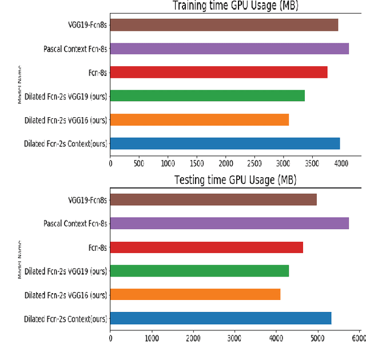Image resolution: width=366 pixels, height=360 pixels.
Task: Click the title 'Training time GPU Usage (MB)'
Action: coord(236,6)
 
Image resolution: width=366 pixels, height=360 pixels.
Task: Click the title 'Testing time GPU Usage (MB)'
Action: coord(235,180)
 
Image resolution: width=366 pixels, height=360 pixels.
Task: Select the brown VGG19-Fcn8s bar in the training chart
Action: coord(224,25)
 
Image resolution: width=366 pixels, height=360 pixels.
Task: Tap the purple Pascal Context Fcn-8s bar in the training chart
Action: coord(229,49)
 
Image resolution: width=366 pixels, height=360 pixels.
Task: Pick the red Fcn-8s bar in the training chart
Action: coord(218,72)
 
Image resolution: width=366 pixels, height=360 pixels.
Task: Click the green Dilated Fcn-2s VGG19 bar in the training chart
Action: coord(207,95)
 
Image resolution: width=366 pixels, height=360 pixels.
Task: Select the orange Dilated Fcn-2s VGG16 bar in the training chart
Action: coord(199,119)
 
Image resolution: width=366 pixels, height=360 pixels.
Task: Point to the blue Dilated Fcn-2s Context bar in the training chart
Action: coord(225,143)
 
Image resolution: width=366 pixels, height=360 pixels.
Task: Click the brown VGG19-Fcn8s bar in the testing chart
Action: coord(213,199)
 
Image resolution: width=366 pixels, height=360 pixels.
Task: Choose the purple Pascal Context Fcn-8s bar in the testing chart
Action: coord(229,223)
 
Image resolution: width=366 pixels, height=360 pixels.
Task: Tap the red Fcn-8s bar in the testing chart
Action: coord(206,247)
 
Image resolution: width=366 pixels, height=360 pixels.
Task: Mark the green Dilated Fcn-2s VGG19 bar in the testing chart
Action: coord(200,270)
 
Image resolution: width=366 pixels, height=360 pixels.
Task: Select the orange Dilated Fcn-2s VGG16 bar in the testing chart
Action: coord(195,294)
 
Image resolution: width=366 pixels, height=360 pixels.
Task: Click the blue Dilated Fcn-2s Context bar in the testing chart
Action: coord(221,318)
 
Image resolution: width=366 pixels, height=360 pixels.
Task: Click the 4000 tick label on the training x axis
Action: coord(341,163)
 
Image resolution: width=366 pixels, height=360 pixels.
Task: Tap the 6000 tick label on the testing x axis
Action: coord(358,338)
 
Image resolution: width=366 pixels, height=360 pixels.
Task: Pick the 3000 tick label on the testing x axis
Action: coord(234,338)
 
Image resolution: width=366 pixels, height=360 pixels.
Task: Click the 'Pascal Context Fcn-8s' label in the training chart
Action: coord(75,49)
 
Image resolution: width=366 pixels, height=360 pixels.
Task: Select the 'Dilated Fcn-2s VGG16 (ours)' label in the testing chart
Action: coord(65,295)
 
